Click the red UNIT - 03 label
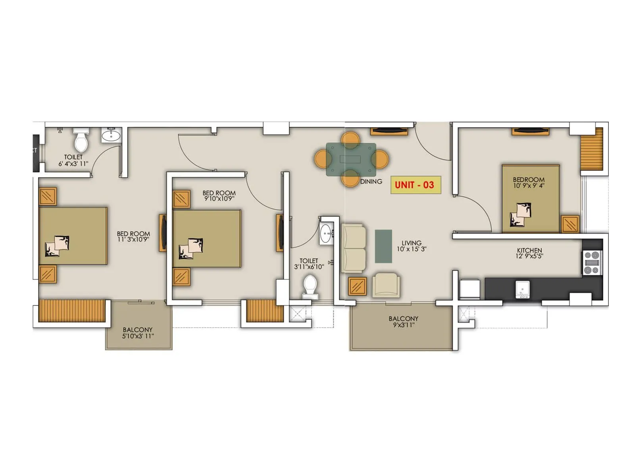pos(415,185)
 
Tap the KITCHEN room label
pos(529,250)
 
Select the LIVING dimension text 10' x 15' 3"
pos(412,249)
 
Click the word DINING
pos(371,182)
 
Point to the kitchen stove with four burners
pos(592,263)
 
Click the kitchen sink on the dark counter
pos(522,289)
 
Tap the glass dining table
pos(351,159)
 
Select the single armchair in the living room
pos(386,285)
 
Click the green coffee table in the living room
pos(383,246)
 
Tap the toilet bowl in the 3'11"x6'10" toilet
pos(310,287)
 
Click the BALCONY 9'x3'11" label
pos(403,322)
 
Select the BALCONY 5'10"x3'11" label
pos(138,333)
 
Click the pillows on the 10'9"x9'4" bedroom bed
pos(521,215)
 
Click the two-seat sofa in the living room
pos(354,248)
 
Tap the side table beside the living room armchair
pos(357,286)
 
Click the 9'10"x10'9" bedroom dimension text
pos(219,199)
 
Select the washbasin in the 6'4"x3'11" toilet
pos(111,136)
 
